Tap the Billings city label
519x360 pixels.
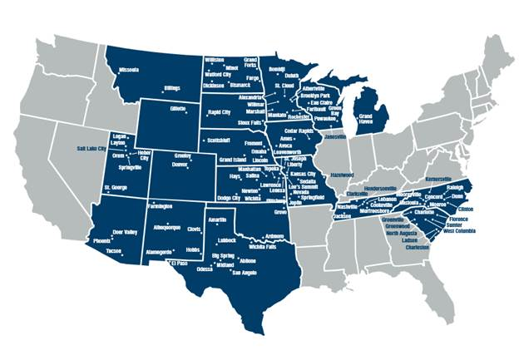[x=172, y=87]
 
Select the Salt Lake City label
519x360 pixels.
[x=93, y=147]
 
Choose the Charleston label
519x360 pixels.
[x=417, y=247]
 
